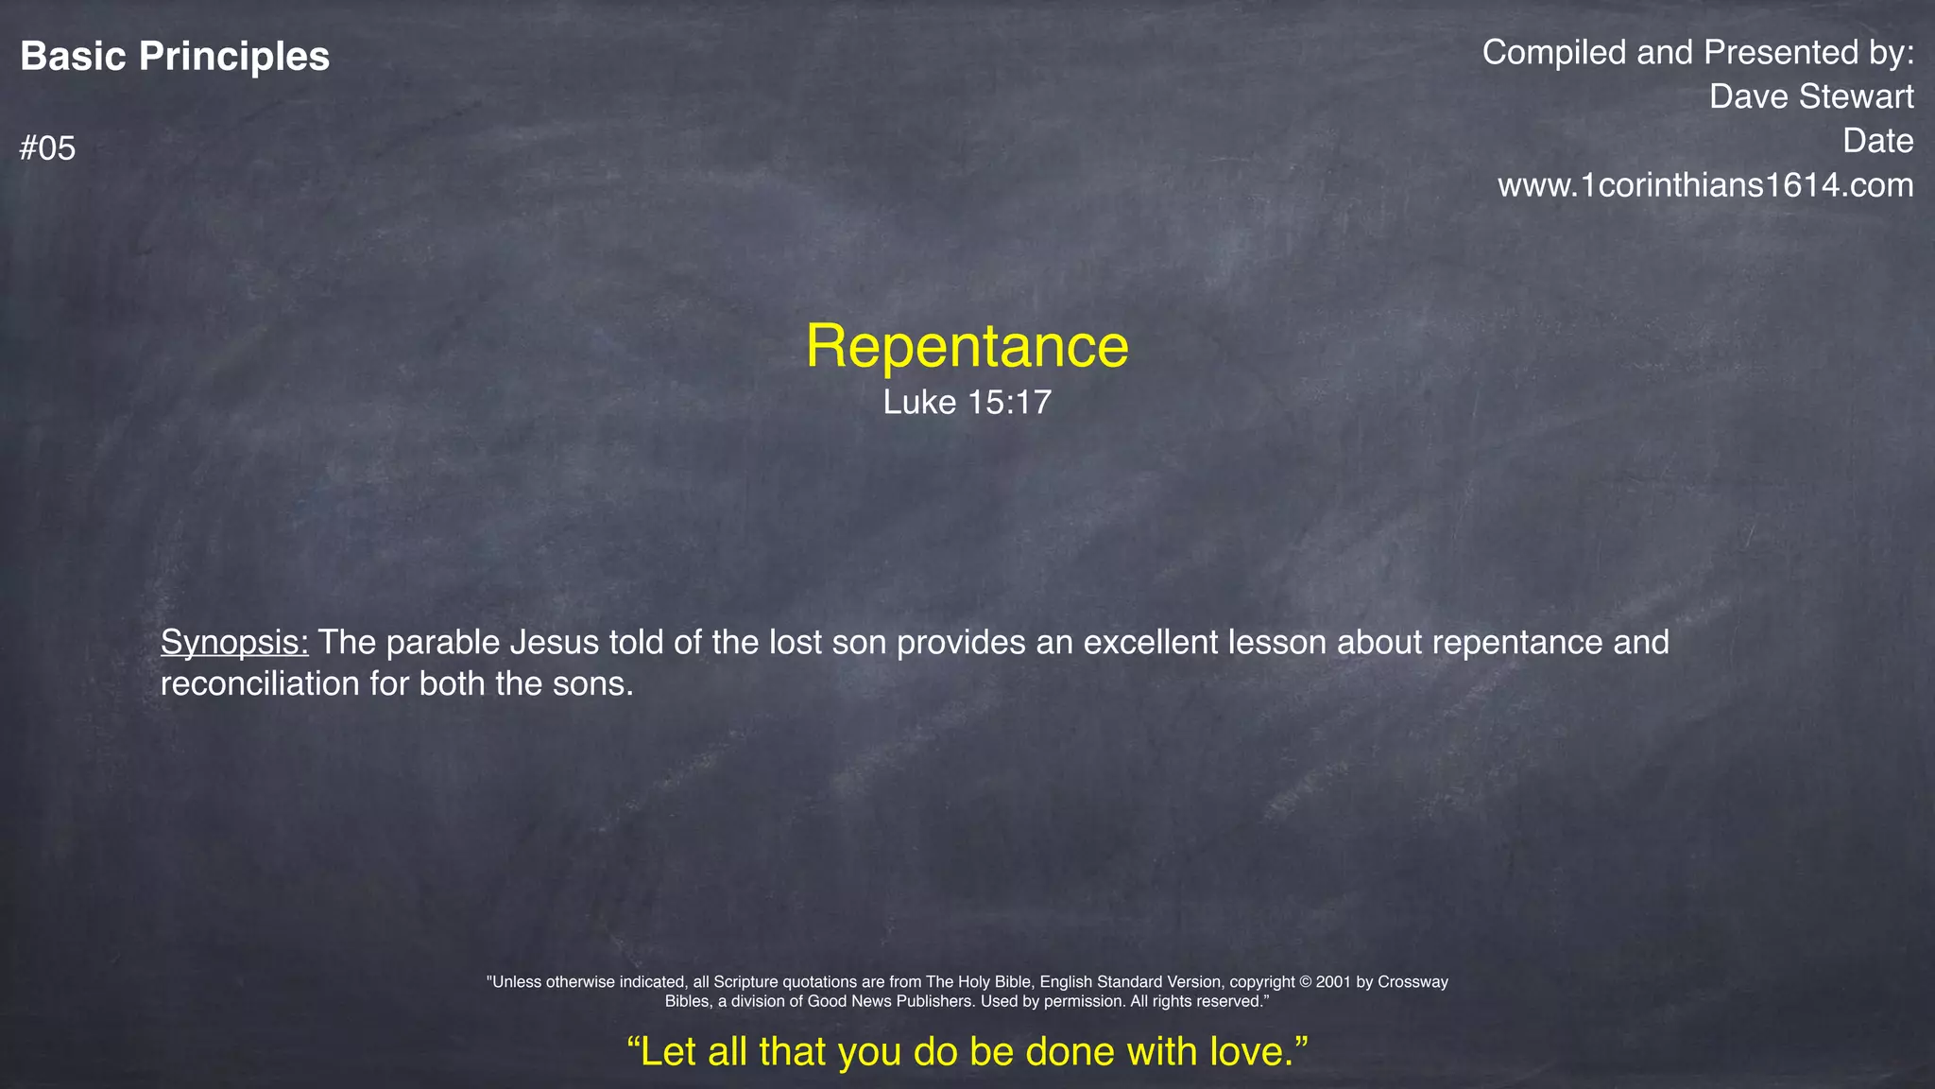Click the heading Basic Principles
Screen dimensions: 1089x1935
point(175,57)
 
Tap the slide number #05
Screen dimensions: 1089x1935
point(47,148)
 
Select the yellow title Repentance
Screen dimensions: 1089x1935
point(967,346)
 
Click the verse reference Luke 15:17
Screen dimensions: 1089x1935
point(967,403)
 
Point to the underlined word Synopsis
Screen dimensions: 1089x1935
point(234,643)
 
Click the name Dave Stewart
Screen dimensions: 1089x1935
point(1811,96)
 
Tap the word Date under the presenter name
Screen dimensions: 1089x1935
point(1877,141)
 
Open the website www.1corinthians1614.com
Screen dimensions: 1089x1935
point(1705,185)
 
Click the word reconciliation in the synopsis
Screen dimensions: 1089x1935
point(260,683)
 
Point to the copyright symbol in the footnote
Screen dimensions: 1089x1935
point(1307,982)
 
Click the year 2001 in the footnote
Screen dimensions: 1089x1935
point(1334,982)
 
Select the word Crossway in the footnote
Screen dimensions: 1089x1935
point(1413,982)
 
